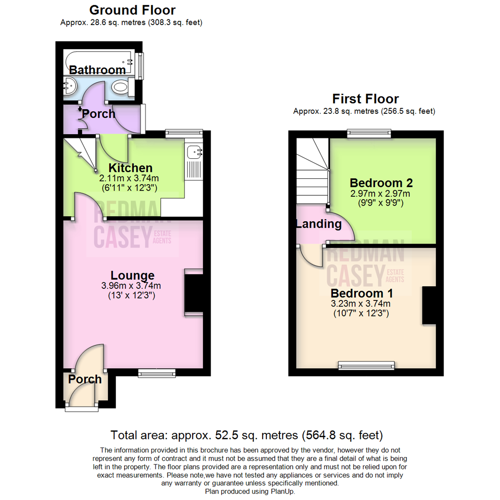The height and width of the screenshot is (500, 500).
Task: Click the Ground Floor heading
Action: click(132, 10)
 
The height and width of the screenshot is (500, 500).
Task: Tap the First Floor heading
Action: click(365, 99)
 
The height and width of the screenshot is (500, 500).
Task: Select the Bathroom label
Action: click(97, 70)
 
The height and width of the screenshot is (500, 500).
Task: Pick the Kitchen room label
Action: click(130, 168)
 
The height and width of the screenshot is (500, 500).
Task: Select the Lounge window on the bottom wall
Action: click(157, 372)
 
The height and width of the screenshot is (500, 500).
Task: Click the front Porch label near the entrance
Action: click(85, 379)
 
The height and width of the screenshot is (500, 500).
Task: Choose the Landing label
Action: click(319, 225)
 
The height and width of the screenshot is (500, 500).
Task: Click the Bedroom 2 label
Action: click(381, 182)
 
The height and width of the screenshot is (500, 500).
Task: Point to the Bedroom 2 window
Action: click(369, 134)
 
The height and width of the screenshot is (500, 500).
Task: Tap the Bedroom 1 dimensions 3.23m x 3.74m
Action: click(362, 304)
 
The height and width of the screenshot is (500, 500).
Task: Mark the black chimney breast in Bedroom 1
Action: click(429, 305)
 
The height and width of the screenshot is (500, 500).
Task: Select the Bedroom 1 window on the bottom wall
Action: click(367, 366)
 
